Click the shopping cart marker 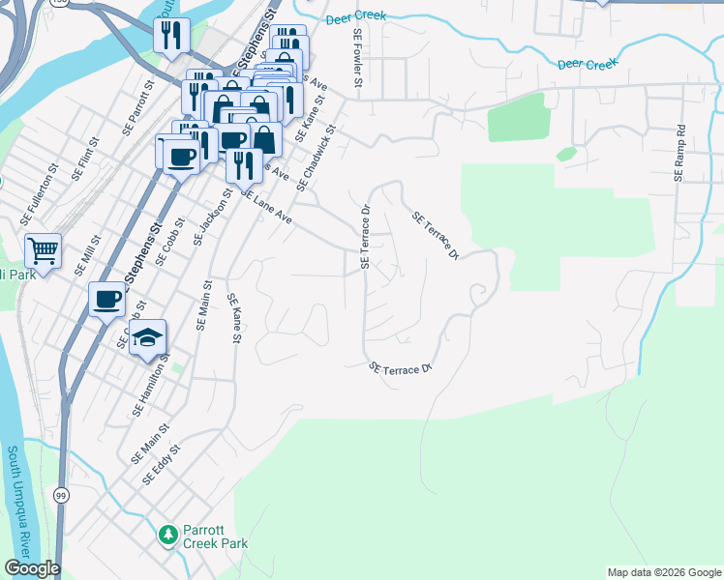pyautogui.click(x=43, y=251)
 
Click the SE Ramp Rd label pyautogui.click(x=679, y=153)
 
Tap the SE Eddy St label pyautogui.click(x=162, y=465)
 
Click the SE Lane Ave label pyautogui.click(x=266, y=207)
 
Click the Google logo pyautogui.click(x=32, y=568)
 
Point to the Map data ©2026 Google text pyautogui.click(x=664, y=572)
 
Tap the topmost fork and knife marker pyautogui.click(x=171, y=36)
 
